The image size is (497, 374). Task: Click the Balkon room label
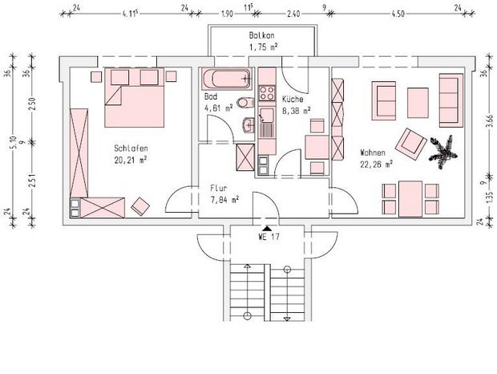[261, 35]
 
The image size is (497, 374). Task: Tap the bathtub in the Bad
[227, 79]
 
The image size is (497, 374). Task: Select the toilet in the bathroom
[246, 103]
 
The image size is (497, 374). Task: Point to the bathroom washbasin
[248, 125]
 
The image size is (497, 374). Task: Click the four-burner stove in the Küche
[267, 93]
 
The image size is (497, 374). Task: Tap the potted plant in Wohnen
[443, 152]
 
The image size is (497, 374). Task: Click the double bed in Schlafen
[135, 97]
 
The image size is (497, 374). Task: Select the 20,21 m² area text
[131, 161]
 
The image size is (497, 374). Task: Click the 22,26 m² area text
[377, 165]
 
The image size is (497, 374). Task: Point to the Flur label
[219, 188]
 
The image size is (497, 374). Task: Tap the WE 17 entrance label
[269, 237]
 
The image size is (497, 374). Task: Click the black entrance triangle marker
[267, 228]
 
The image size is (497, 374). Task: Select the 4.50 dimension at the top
[398, 14]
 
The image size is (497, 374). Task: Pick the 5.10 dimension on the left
[13, 142]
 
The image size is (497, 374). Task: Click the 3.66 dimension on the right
[491, 120]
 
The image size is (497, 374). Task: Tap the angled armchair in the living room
[410, 144]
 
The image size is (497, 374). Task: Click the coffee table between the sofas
[418, 103]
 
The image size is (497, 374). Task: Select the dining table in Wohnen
[410, 199]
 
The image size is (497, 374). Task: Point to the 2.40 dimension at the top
[293, 14]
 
